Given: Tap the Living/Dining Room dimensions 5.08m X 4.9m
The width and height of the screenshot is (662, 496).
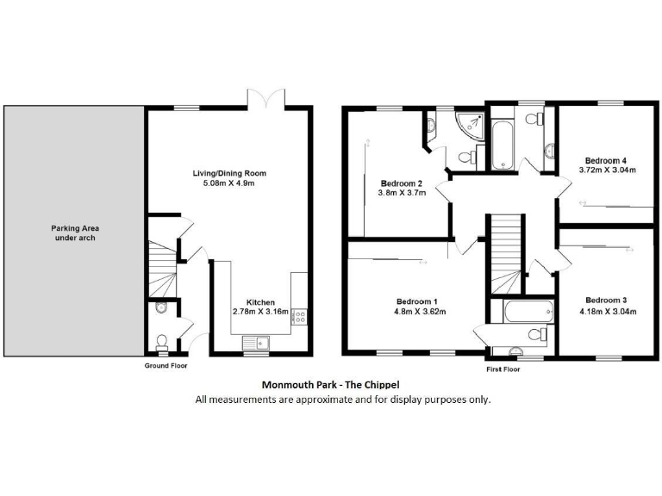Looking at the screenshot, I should click(228, 183).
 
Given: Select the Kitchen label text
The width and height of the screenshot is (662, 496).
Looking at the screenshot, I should click(260, 302).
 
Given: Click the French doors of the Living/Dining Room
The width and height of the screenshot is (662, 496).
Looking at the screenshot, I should click(261, 98).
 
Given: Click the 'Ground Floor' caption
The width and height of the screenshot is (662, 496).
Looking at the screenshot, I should click(165, 365).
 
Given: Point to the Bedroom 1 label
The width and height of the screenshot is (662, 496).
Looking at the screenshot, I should click(415, 301).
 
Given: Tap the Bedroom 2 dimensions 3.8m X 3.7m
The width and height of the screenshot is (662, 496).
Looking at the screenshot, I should click(400, 193).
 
